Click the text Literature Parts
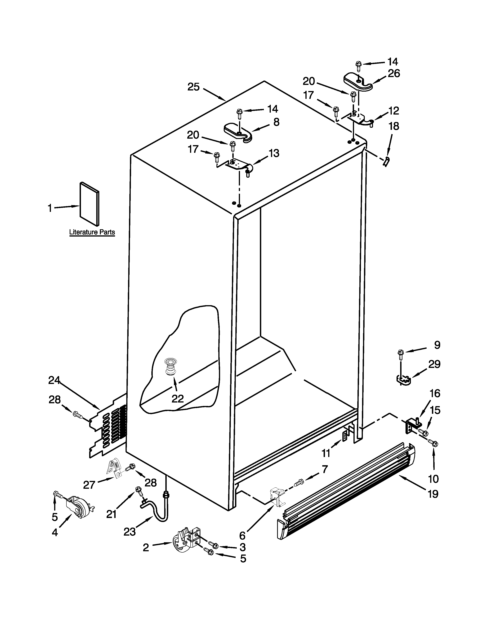[92, 232]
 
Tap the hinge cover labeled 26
[358, 82]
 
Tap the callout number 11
[326, 453]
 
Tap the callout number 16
[435, 393]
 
